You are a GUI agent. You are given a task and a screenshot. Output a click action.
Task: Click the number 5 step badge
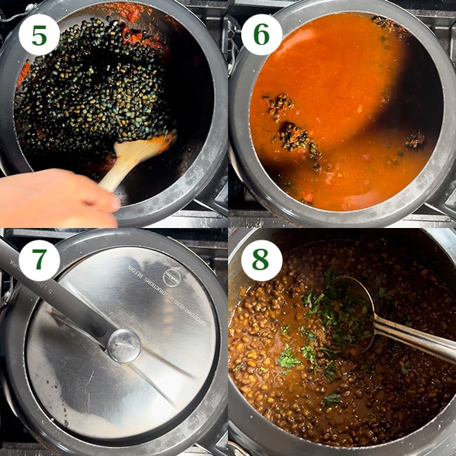(39, 34)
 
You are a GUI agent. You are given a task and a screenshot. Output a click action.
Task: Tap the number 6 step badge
(262, 34)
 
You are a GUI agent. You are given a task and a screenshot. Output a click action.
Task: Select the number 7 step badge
(39, 260)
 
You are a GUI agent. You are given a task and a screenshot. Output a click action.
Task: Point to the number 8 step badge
(262, 260)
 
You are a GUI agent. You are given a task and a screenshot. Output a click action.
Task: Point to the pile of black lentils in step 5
(90, 90)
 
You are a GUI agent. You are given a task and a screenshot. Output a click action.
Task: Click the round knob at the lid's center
(124, 345)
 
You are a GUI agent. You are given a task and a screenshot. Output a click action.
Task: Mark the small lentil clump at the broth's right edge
(415, 140)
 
